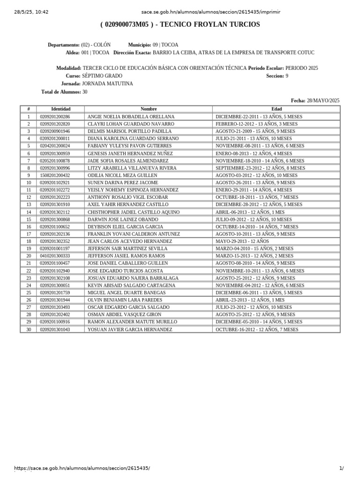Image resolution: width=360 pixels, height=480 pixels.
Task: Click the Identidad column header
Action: tap(61, 109)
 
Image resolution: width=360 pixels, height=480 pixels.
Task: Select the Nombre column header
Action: tap(149, 109)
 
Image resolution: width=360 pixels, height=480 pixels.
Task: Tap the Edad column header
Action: tap(277, 109)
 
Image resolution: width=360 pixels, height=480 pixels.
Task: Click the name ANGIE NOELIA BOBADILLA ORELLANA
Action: tap(131, 117)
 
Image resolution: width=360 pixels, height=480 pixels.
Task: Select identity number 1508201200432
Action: tap(55, 175)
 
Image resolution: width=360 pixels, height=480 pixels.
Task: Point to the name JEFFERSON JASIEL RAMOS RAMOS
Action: tap(126, 256)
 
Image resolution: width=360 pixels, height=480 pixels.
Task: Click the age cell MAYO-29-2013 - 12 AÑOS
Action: tap(242, 241)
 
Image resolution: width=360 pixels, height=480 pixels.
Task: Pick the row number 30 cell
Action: tap(29, 330)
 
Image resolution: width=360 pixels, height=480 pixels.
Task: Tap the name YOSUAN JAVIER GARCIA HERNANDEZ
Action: tap(130, 330)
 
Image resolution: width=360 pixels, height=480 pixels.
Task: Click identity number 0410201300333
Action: tap(55, 256)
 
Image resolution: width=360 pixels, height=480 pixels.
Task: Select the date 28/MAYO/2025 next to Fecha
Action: tap(323, 100)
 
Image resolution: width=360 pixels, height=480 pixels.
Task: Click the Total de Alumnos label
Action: tap(61, 92)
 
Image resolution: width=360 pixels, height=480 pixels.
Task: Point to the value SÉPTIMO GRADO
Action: tap(102, 76)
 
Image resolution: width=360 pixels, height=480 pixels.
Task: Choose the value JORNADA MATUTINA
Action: tap(107, 84)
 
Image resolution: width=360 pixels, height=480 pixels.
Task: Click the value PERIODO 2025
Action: tap(301, 68)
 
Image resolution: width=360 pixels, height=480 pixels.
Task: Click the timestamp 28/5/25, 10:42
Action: tap(31, 12)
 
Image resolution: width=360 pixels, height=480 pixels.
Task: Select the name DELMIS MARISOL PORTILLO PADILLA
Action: tap(130, 131)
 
